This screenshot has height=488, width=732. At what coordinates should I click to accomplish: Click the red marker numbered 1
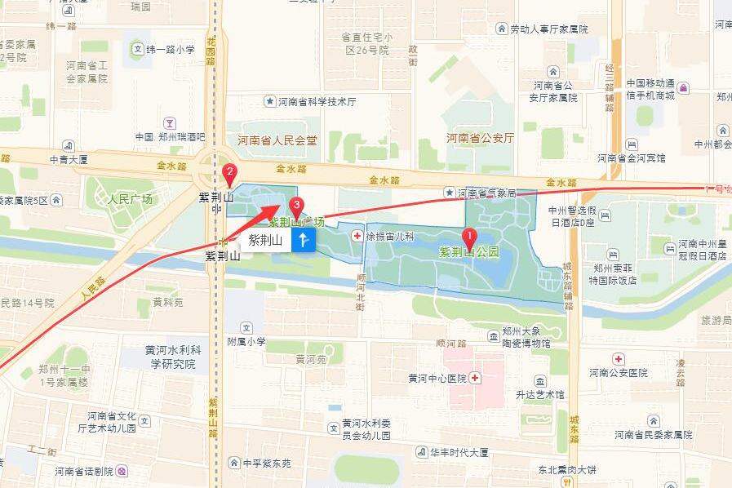(469, 237)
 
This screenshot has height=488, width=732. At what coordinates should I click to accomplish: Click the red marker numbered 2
(230, 173)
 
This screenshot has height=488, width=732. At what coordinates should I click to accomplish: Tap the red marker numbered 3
(298, 206)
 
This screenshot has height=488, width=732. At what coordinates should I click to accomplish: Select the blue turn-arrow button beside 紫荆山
(303, 240)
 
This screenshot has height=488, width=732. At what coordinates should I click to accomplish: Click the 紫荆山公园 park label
(469, 253)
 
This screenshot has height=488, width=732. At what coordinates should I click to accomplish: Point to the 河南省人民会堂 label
(277, 140)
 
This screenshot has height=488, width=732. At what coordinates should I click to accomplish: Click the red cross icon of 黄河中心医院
(475, 378)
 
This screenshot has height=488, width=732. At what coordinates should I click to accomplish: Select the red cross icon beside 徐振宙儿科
(356, 236)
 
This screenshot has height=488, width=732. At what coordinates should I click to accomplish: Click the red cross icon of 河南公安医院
(619, 359)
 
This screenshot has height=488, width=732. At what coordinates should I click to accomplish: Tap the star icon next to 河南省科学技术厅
(269, 102)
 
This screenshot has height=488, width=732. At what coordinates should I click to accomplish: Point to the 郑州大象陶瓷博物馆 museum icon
(493, 335)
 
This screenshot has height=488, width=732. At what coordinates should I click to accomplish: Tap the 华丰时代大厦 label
(459, 451)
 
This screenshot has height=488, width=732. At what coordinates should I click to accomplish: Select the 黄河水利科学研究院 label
(170, 357)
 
